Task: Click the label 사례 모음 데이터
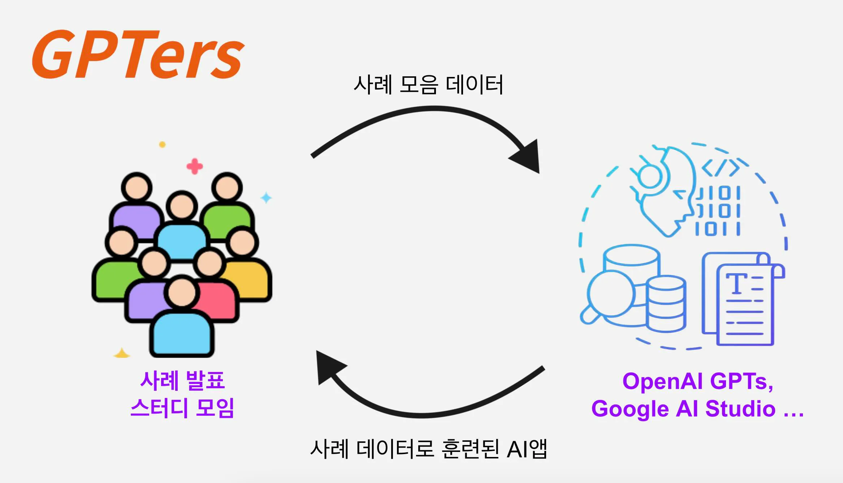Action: click(x=428, y=85)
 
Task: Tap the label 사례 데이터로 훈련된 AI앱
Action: click(x=428, y=449)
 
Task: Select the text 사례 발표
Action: click(x=182, y=380)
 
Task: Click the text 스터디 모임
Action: click(x=182, y=408)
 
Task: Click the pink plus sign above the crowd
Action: click(x=195, y=166)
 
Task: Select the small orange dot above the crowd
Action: click(x=163, y=145)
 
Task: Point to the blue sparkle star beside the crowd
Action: click(x=266, y=198)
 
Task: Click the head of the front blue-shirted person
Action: click(x=182, y=292)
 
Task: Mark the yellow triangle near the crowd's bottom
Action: click(x=122, y=354)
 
